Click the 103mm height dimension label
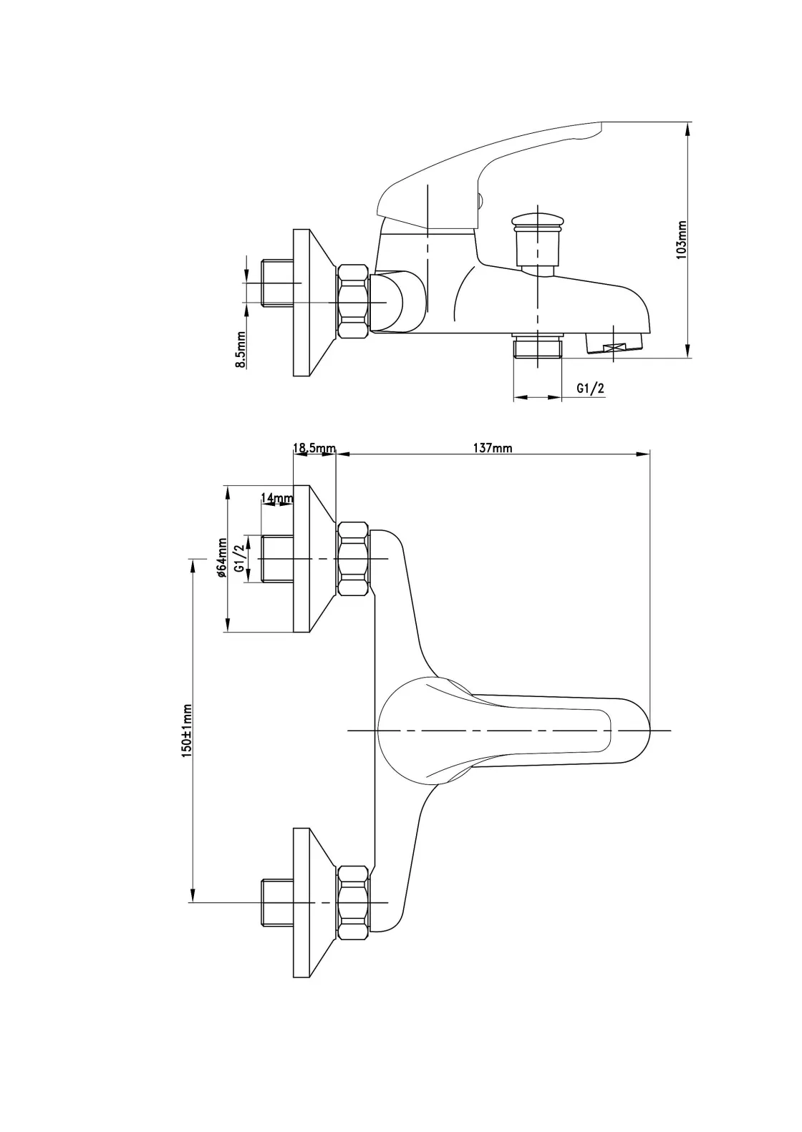click(682, 240)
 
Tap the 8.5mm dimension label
click(241, 350)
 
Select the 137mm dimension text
click(493, 448)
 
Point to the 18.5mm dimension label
click(314, 448)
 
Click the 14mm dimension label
click(277, 498)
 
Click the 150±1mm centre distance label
click(187, 730)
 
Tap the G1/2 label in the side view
click(591, 388)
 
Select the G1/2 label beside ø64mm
click(240, 556)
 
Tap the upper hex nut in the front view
click(352, 558)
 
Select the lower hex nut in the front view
click(352, 902)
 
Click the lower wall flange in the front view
click(314, 902)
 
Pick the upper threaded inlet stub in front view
click(277, 558)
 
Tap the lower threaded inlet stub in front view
click(277, 902)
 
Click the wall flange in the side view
click(314, 302)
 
